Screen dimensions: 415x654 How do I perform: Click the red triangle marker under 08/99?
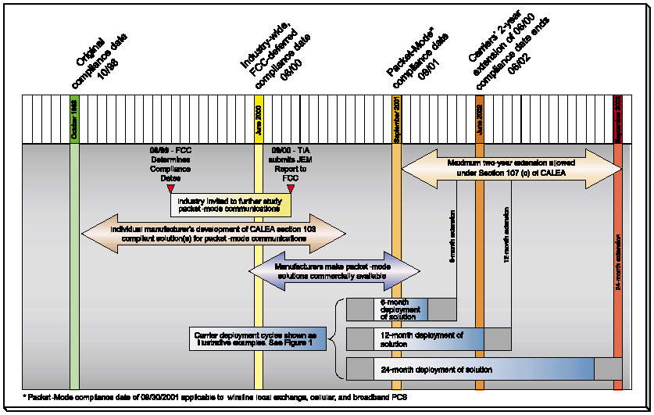click(170, 188)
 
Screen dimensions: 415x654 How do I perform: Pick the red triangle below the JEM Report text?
click(291, 188)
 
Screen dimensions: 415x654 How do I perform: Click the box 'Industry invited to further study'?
click(231, 205)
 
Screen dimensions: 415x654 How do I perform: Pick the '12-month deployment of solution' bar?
click(428, 338)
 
